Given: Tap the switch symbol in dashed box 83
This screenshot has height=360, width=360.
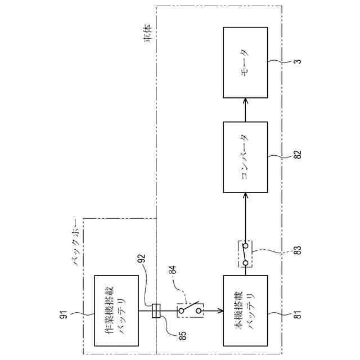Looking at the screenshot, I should (245, 254).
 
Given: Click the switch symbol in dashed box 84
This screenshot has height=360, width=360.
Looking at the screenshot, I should (190, 310).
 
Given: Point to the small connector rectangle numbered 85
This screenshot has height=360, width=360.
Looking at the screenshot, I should (157, 310).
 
